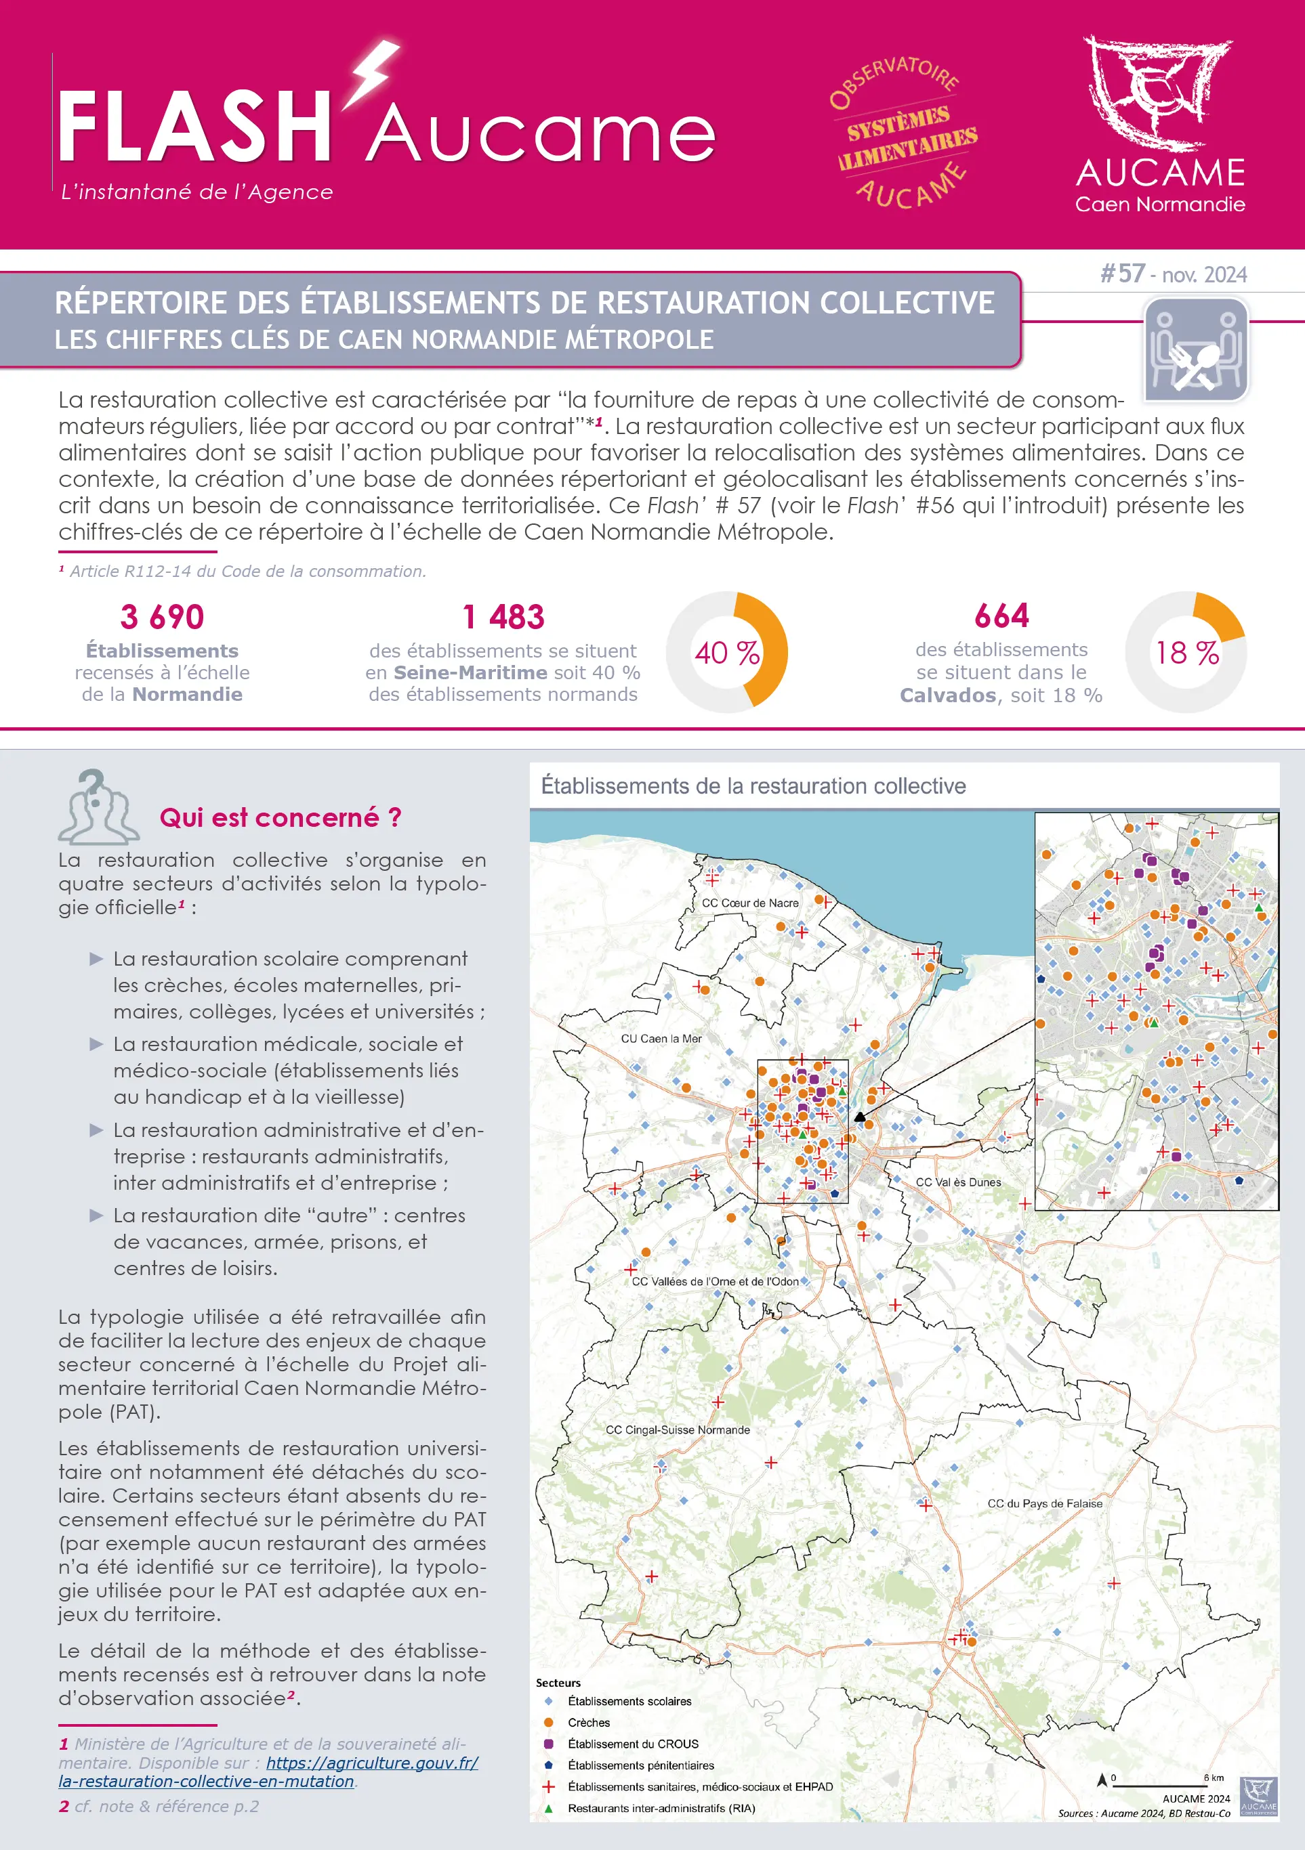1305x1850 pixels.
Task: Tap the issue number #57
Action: pyautogui.click(x=1123, y=274)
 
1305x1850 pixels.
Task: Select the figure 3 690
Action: pyautogui.click(x=162, y=617)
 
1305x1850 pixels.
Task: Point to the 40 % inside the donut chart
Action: pyautogui.click(x=727, y=653)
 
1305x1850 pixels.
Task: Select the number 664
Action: pyautogui.click(x=1001, y=616)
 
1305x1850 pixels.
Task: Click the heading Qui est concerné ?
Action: pyautogui.click(x=281, y=818)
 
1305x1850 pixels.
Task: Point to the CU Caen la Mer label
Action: pyautogui.click(x=661, y=1039)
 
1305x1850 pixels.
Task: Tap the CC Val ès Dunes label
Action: pyautogui.click(x=957, y=1182)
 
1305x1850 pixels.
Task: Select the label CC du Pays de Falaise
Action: pyautogui.click(x=1045, y=1503)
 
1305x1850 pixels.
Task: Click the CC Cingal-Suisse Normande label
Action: pyautogui.click(x=677, y=1429)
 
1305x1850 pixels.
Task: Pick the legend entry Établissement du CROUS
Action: pyautogui.click(x=633, y=1744)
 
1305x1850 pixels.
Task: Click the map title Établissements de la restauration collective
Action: pyautogui.click(x=753, y=786)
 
